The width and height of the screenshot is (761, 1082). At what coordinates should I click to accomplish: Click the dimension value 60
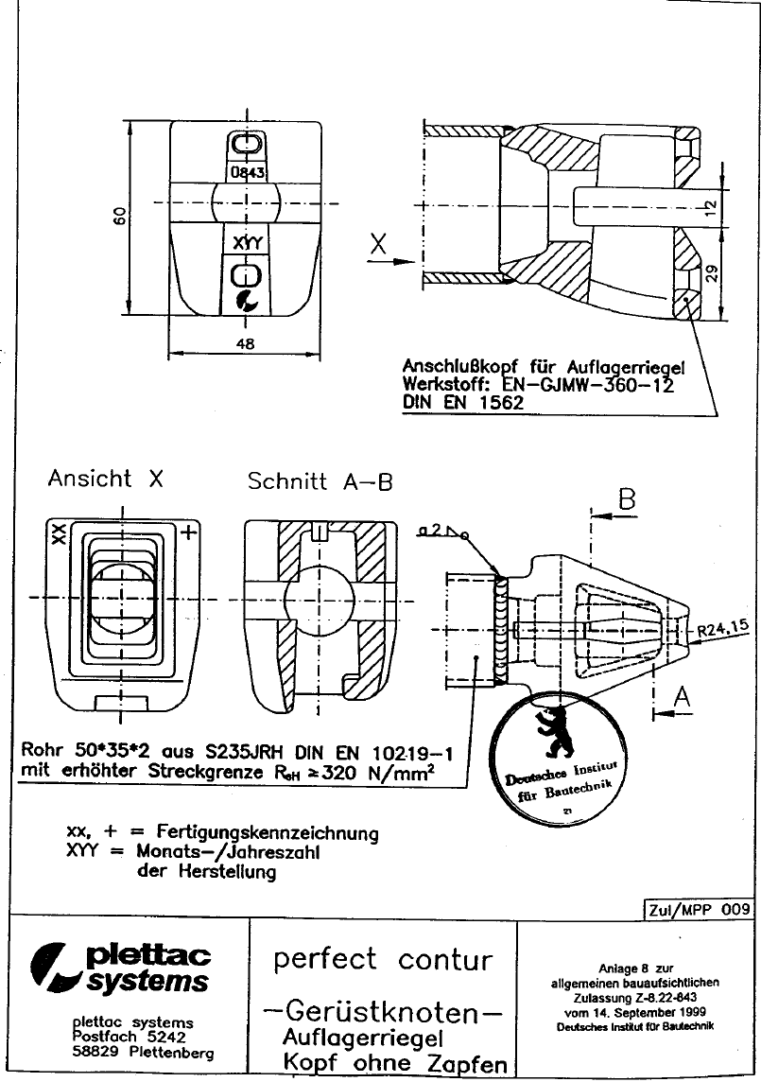point(119,216)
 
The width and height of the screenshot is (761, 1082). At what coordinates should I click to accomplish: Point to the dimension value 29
point(712,272)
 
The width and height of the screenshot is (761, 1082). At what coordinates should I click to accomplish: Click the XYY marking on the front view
point(247,243)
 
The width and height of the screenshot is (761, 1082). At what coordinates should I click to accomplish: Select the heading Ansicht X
point(105,479)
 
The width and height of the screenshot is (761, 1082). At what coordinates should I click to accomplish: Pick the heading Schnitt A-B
point(320,480)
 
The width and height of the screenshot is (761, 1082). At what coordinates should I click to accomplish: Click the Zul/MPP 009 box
point(699,910)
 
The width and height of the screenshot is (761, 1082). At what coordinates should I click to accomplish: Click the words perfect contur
point(383,960)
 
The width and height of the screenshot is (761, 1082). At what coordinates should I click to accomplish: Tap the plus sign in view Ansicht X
point(188,532)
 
